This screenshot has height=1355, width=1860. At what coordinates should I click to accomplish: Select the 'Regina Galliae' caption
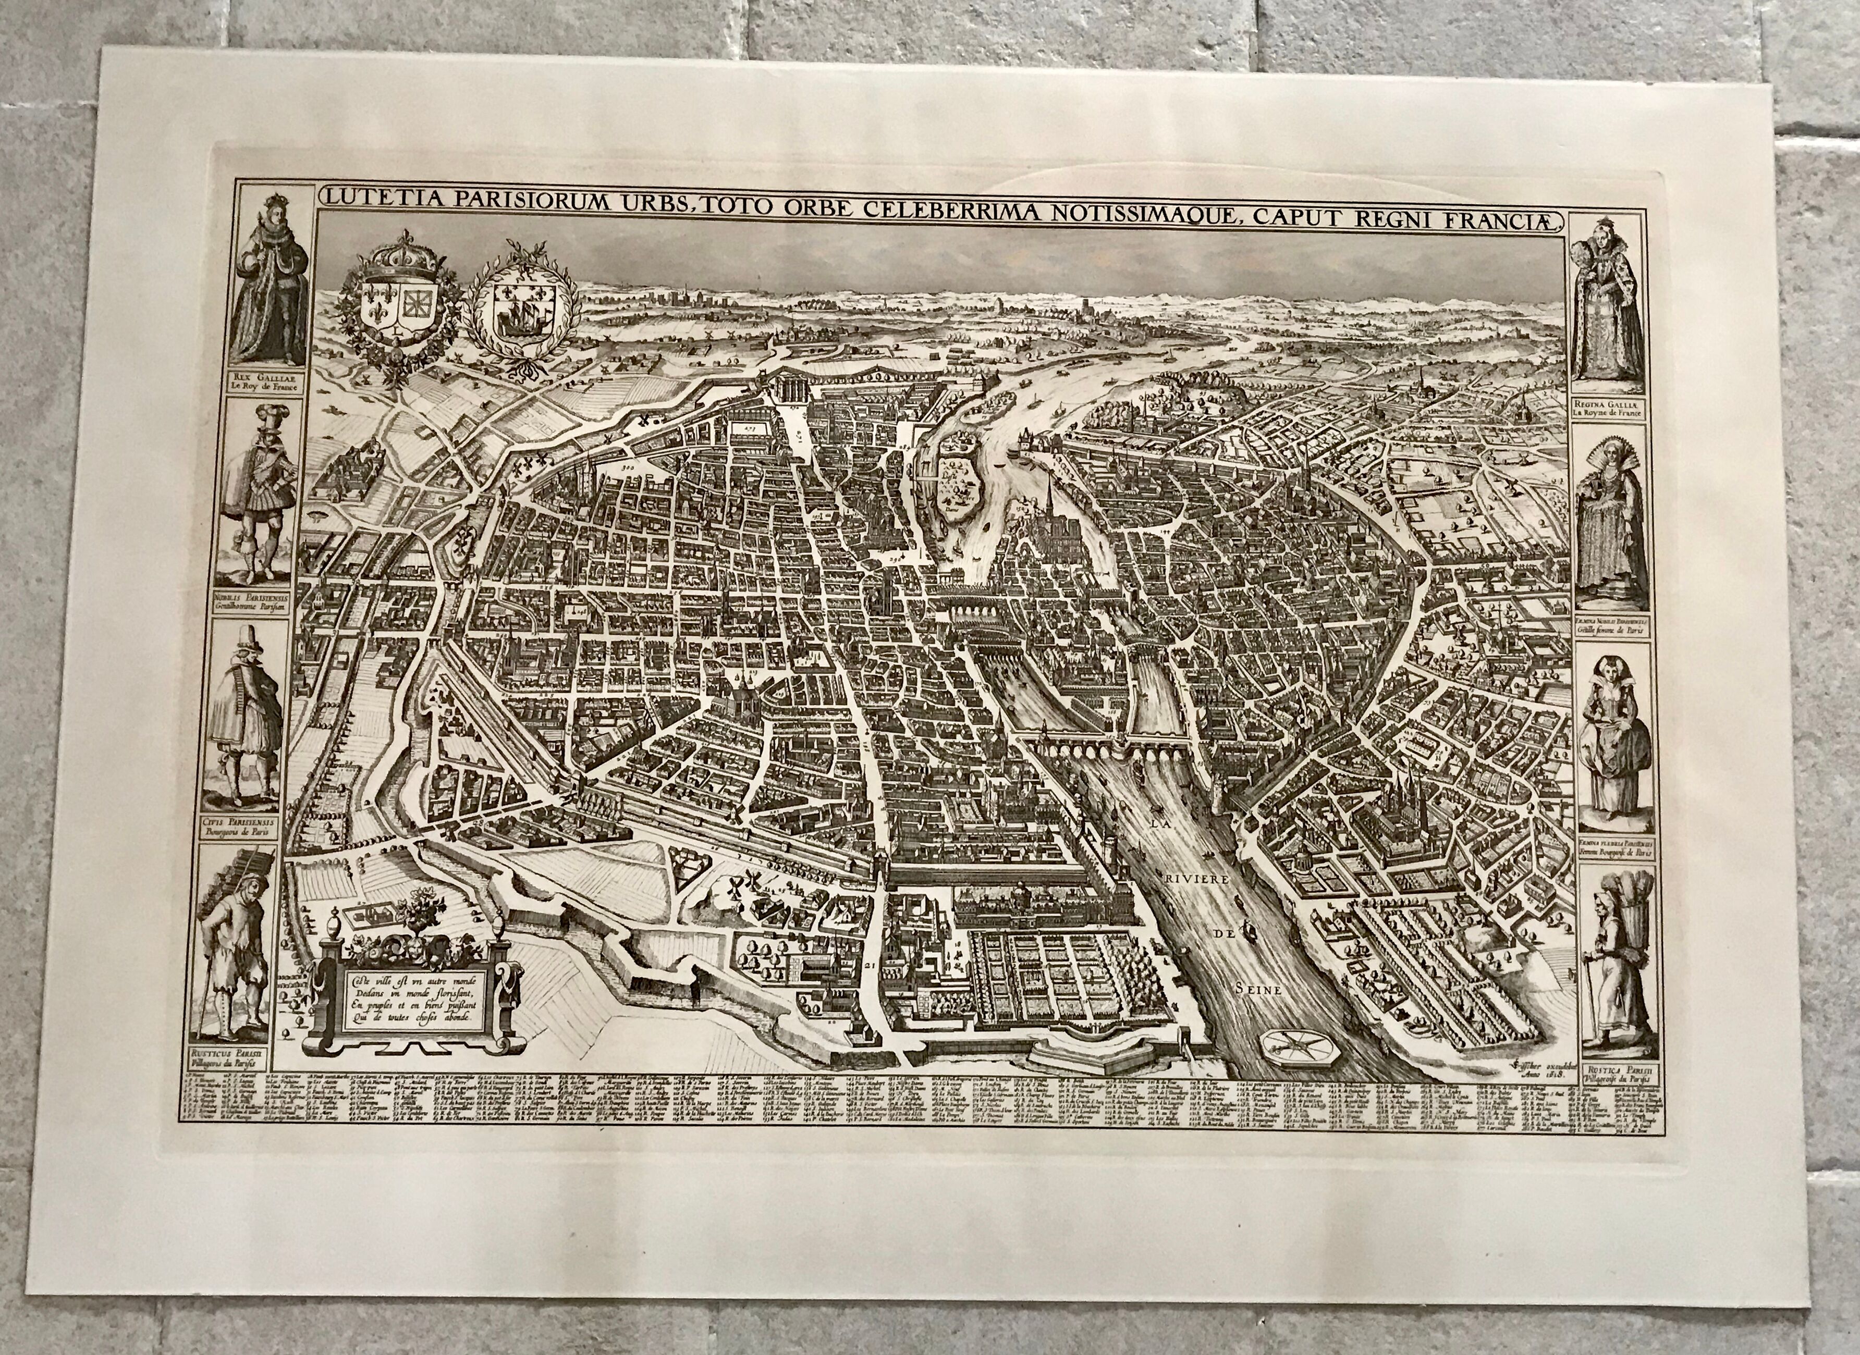(1608, 410)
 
